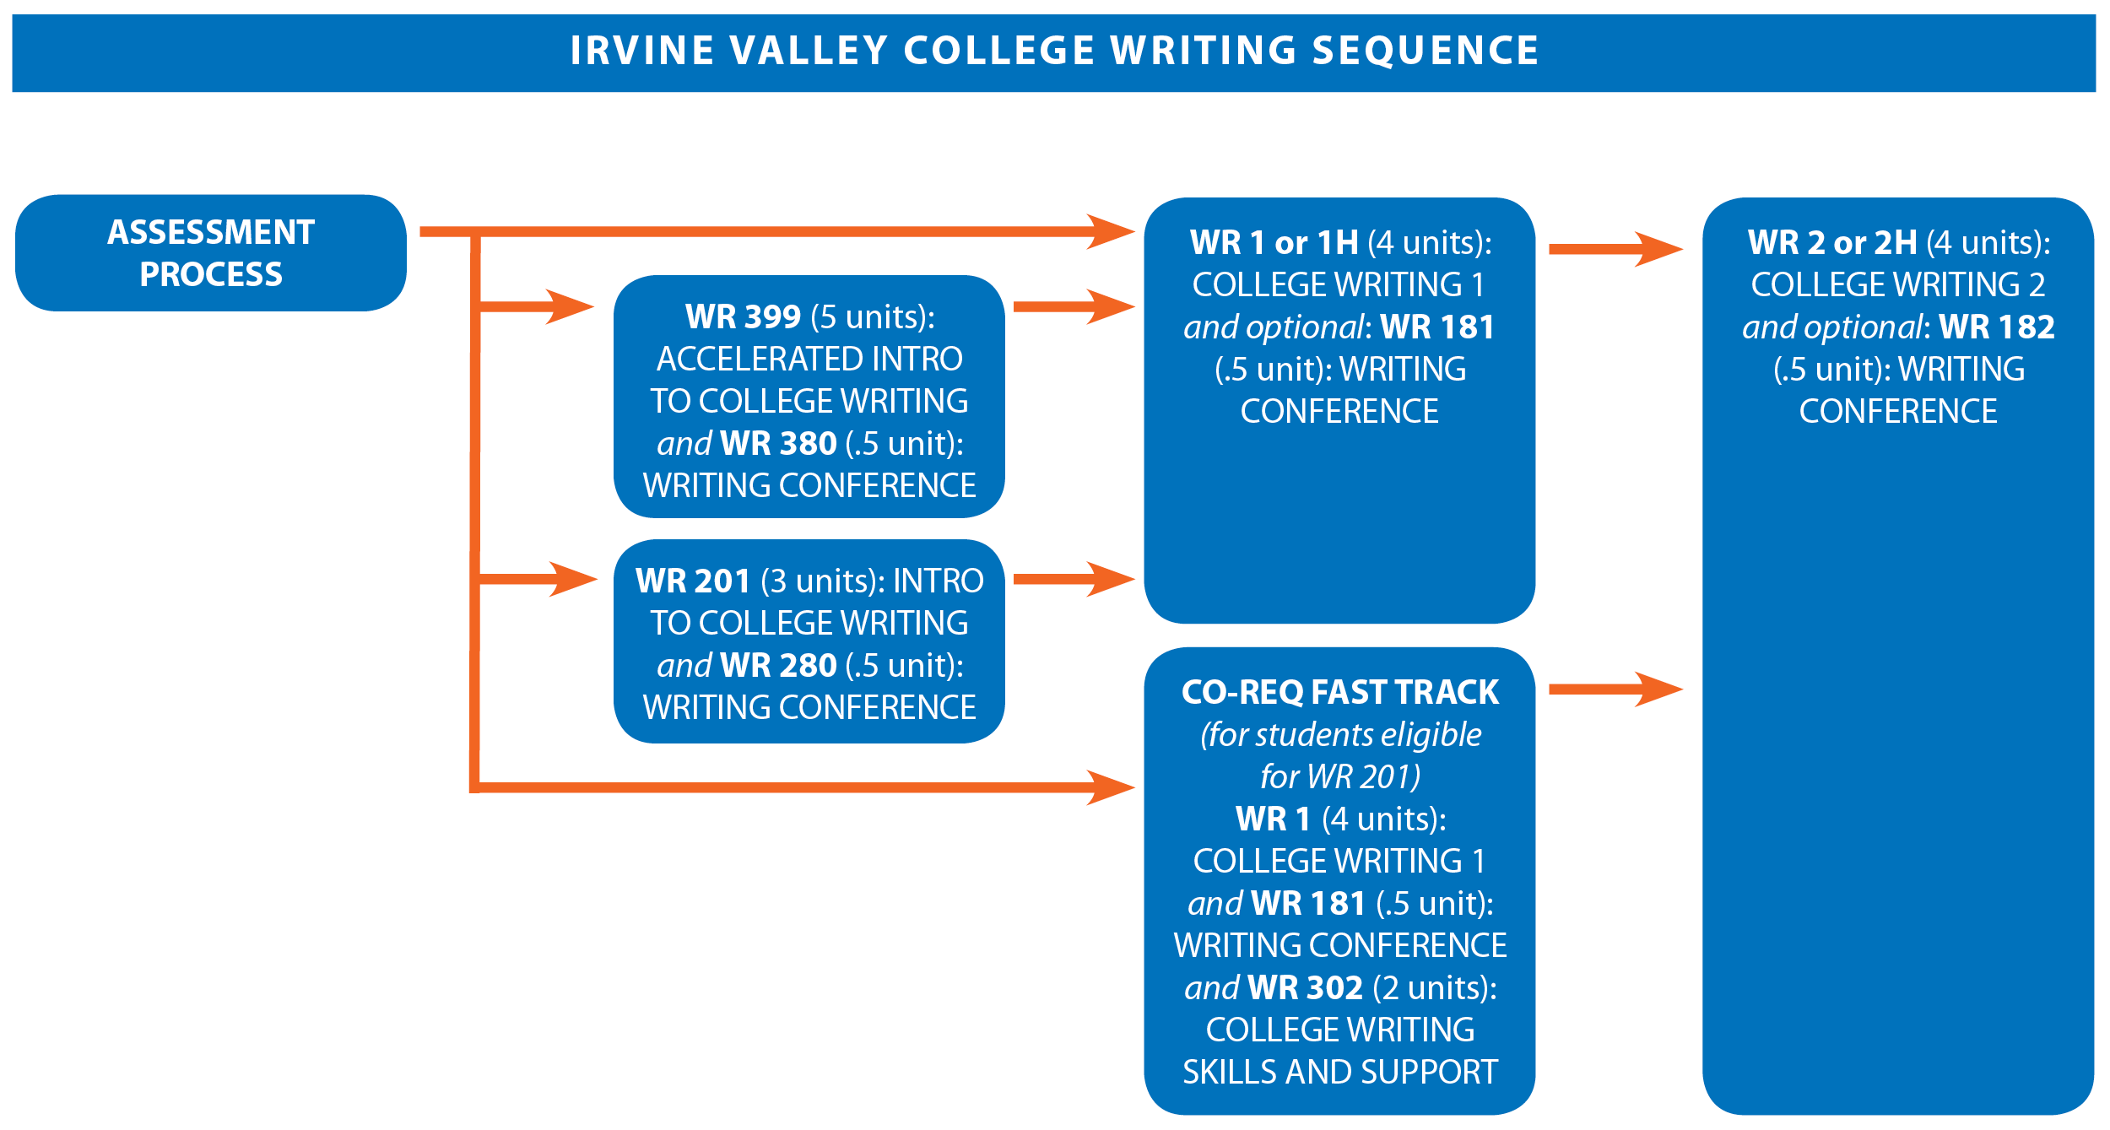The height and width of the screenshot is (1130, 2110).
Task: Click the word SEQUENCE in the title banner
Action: [1426, 50]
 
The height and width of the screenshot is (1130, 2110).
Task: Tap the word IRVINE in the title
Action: [643, 50]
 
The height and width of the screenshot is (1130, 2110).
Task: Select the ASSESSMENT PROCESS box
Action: [211, 253]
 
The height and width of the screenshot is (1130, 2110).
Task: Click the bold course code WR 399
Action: [743, 316]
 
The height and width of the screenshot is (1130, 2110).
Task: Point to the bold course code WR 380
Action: [778, 443]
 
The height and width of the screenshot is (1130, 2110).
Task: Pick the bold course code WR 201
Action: [693, 581]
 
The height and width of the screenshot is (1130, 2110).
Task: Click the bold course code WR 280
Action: [778, 665]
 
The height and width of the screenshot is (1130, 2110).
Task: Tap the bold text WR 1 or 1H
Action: [1274, 242]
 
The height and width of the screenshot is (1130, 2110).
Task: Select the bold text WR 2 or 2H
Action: [1833, 242]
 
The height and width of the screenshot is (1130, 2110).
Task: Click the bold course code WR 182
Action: [1997, 327]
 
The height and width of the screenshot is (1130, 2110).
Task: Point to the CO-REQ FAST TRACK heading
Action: [1340, 692]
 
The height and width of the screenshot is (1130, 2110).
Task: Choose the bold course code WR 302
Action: [1306, 987]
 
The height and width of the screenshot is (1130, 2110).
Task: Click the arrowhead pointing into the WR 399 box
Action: [571, 306]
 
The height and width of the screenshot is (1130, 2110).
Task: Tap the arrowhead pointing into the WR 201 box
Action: [573, 579]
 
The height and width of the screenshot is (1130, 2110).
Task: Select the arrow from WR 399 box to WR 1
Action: [1074, 306]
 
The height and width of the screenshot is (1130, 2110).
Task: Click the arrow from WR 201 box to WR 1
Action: [1074, 579]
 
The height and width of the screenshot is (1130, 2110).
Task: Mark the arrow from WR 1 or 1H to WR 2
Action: [1616, 249]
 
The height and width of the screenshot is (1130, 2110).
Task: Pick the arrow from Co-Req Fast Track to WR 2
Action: [1616, 689]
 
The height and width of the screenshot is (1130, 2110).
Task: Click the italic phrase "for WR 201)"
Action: [1340, 776]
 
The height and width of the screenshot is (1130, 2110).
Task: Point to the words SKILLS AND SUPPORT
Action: [1340, 1072]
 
